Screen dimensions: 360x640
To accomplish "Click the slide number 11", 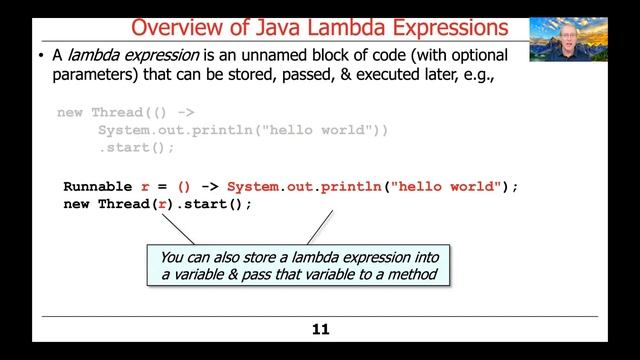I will (320, 329).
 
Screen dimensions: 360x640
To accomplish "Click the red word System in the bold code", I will (252, 186).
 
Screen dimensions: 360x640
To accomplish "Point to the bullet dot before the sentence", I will (40, 55).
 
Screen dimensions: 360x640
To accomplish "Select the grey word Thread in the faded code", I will (116, 112).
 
